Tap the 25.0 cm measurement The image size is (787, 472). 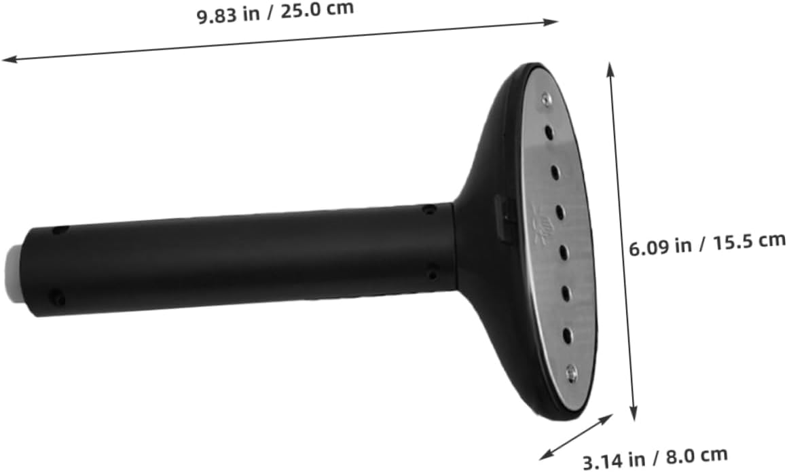(316, 10)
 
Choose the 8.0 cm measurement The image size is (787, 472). (697, 456)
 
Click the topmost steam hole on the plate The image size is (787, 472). (549, 133)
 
